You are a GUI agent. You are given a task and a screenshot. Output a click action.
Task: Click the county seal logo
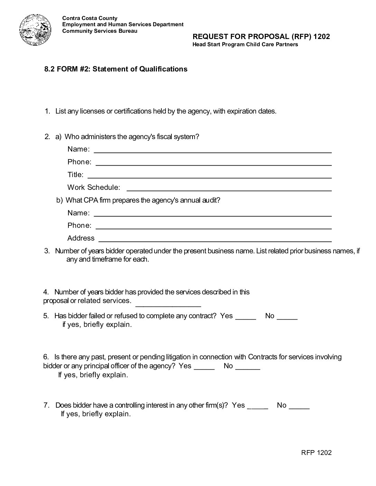[35, 31]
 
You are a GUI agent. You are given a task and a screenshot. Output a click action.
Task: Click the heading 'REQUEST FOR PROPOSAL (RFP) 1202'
[261, 37]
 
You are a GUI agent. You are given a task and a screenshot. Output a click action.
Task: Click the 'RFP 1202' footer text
[316, 453]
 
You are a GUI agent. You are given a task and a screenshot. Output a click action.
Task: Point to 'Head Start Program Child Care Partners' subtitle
[245, 45]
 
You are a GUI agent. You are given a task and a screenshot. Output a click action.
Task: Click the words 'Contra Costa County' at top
[90, 18]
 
